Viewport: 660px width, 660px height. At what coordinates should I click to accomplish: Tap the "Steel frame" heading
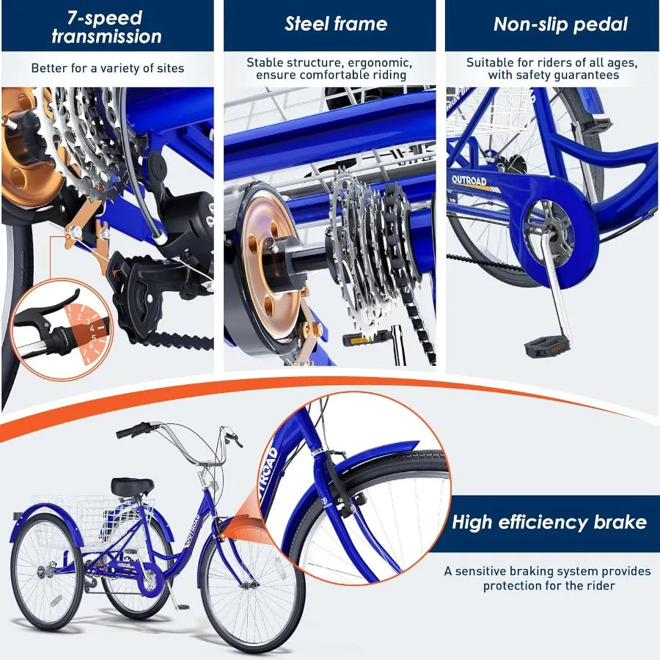click(335, 24)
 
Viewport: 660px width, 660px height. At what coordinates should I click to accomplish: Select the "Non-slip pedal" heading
click(560, 24)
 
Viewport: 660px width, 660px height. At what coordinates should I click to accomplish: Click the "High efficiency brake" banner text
click(549, 522)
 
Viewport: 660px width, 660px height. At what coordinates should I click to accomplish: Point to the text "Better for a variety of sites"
click(107, 69)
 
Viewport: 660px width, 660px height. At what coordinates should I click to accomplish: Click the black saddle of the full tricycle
click(133, 486)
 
